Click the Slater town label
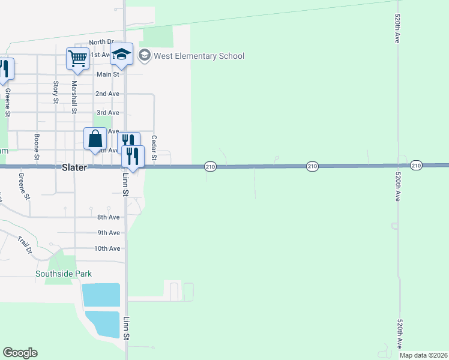tap(75, 168)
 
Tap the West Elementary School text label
tap(199, 56)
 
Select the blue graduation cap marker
tap(121, 55)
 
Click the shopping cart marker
tap(78, 59)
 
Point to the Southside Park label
tap(64, 274)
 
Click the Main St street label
tap(108, 74)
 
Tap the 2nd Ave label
tap(107, 94)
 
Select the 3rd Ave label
tap(107, 113)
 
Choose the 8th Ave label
tap(109, 217)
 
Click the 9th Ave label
tap(109, 233)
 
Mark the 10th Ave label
tap(107, 248)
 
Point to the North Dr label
tap(101, 42)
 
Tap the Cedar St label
tap(154, 148)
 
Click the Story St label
tap(56, 92)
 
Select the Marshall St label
tap(74, 97)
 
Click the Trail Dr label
tap(25, 245)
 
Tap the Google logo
tap(20, 353)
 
